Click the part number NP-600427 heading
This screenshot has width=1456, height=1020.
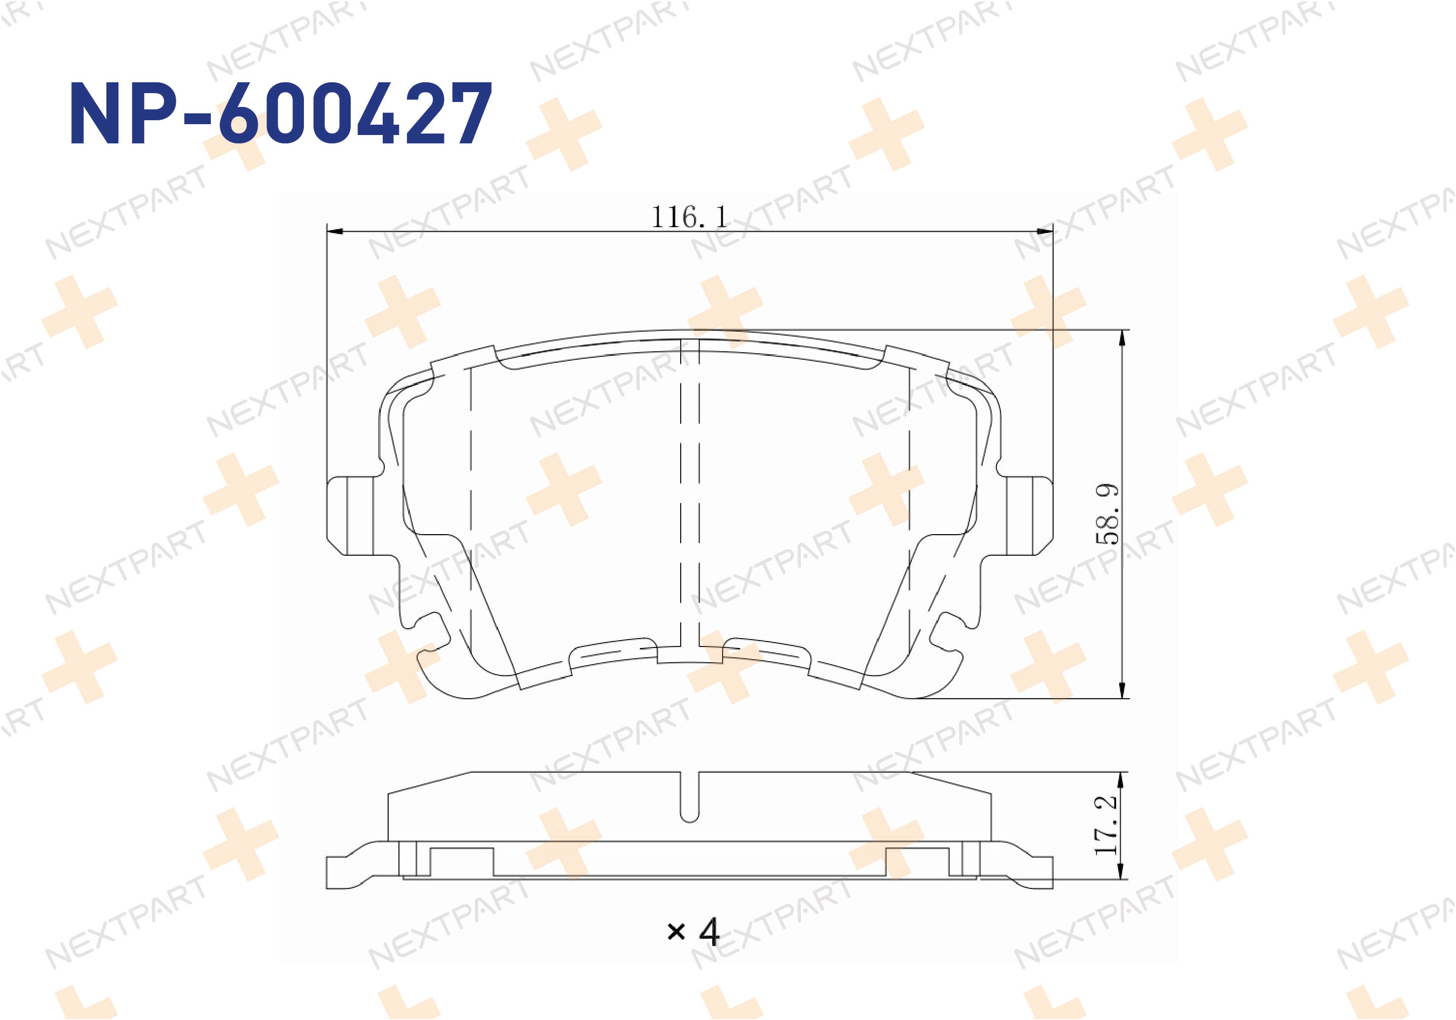[280, 113]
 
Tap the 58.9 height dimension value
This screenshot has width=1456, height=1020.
[1107, 514]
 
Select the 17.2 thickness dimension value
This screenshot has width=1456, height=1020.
[1106, 825]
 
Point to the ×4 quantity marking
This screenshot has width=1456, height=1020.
[693, 931]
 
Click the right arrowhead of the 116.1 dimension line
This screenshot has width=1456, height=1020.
[1044, 232]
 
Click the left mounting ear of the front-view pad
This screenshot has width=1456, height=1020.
[350, 516]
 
